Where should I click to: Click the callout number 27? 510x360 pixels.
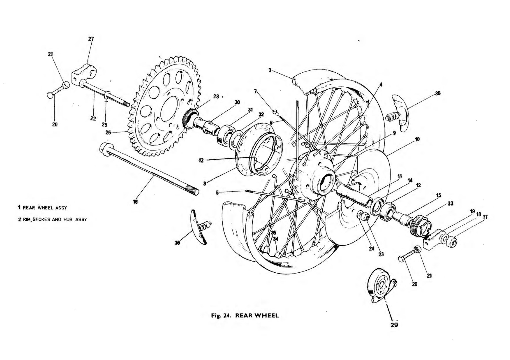tap(91, 39)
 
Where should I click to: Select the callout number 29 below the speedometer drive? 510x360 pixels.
tap(394, 325)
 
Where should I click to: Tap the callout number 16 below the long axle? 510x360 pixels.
tap(135, 202)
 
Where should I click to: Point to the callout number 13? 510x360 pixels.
tap(201, 160)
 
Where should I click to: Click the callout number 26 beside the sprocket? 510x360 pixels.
tap(108, 132)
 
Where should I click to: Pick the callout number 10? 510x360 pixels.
tap(417, 139)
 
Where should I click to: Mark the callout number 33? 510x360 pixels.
tap(450, 204)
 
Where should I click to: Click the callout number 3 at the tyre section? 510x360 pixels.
tap(270, 70)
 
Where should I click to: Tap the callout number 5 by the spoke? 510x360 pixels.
tap(217, 192)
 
